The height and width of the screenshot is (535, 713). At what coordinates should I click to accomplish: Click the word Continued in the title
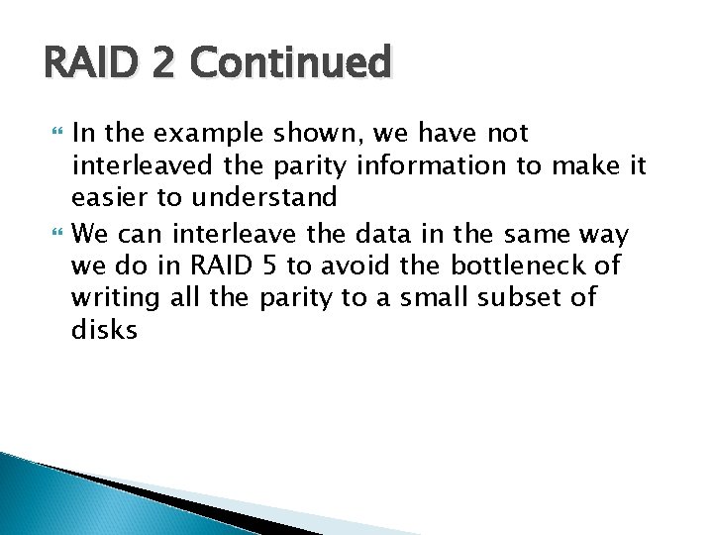(x=294, y=63)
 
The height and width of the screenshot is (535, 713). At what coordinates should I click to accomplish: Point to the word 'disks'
(x=104, y=329)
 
